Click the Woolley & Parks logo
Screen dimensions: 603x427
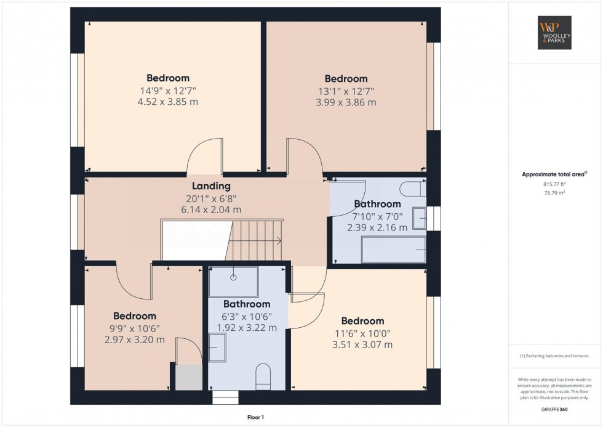click(554, 33)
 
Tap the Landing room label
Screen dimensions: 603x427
click(211, 186)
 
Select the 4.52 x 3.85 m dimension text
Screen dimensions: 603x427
click(168, 102)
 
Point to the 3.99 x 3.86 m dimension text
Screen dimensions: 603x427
click(346, 102)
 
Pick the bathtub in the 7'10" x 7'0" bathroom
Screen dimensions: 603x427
click(394, 250)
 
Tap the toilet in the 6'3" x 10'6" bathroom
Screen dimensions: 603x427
click(263, 376)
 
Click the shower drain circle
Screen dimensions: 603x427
click(233, 277)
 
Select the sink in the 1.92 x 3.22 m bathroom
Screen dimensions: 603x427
click(217, 348)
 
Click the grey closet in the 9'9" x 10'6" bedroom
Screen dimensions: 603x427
click(189, 378)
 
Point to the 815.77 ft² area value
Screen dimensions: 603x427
click(554, 184)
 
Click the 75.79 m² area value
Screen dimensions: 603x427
click(554, 193)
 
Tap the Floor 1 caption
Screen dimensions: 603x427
click(255, 417)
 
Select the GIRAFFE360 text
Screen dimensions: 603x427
click(554, 409)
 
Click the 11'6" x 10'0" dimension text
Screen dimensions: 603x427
click(362, 334)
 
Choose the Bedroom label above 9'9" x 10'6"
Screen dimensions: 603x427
click(135, 316)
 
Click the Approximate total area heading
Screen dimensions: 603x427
click(554, 174)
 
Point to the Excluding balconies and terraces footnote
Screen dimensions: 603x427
click(554, 356)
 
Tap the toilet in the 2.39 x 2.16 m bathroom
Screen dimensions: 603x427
click(413, 189)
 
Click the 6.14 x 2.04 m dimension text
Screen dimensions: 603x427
click(211, 210)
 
